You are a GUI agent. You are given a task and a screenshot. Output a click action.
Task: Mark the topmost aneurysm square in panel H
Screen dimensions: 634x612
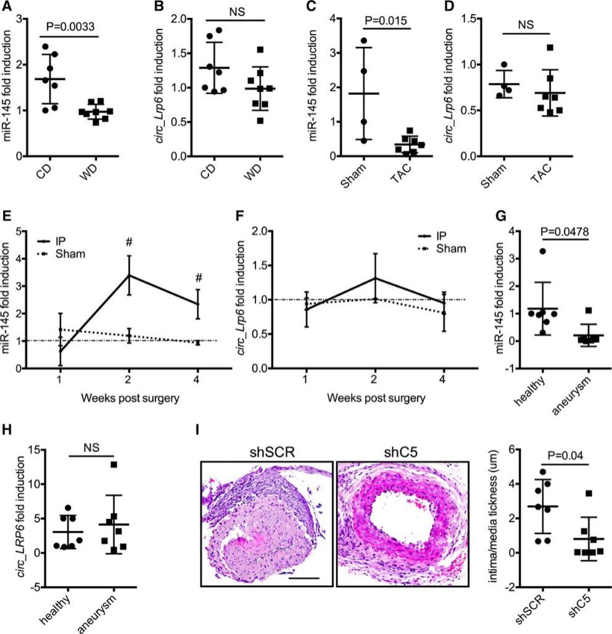coord(96,465)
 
